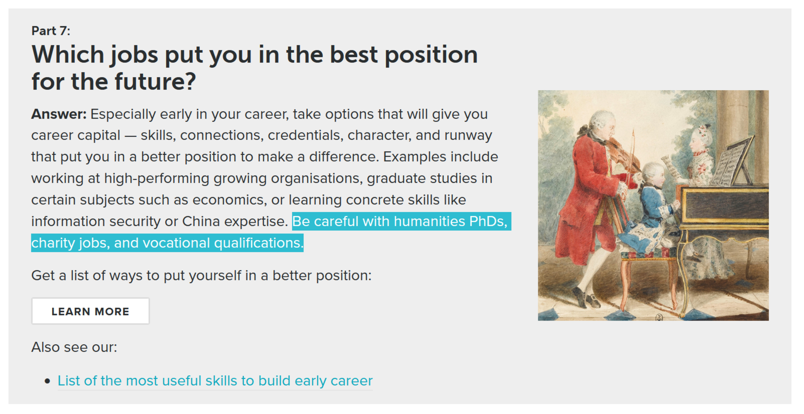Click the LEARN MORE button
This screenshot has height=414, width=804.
pos(90,311)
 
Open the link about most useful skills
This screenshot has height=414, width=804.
pos(215,381)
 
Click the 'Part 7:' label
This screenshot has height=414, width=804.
pos(50,31)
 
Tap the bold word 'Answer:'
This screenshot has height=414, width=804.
pos(59,114)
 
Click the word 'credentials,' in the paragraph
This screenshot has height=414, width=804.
pos(306,135)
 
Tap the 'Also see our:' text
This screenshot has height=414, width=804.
pos(74,347)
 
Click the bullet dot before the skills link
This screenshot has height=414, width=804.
pos(47,382)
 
